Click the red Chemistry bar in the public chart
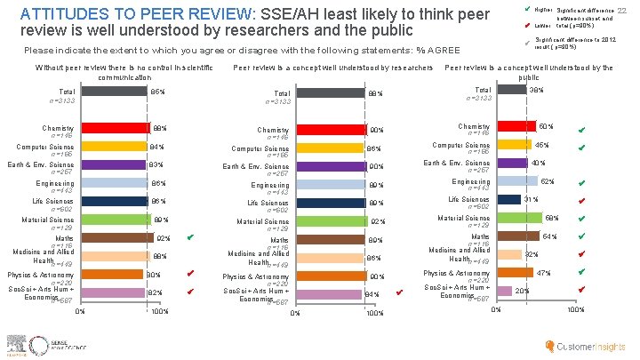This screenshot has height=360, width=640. click(516, 127)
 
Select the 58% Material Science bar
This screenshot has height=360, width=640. click(519, 218)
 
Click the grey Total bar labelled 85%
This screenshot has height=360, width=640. click(114, 92)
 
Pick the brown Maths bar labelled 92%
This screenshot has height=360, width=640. click(116, 237)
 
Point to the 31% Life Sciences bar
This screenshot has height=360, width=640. click(508, 199)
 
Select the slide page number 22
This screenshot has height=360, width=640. click(622, 9)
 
